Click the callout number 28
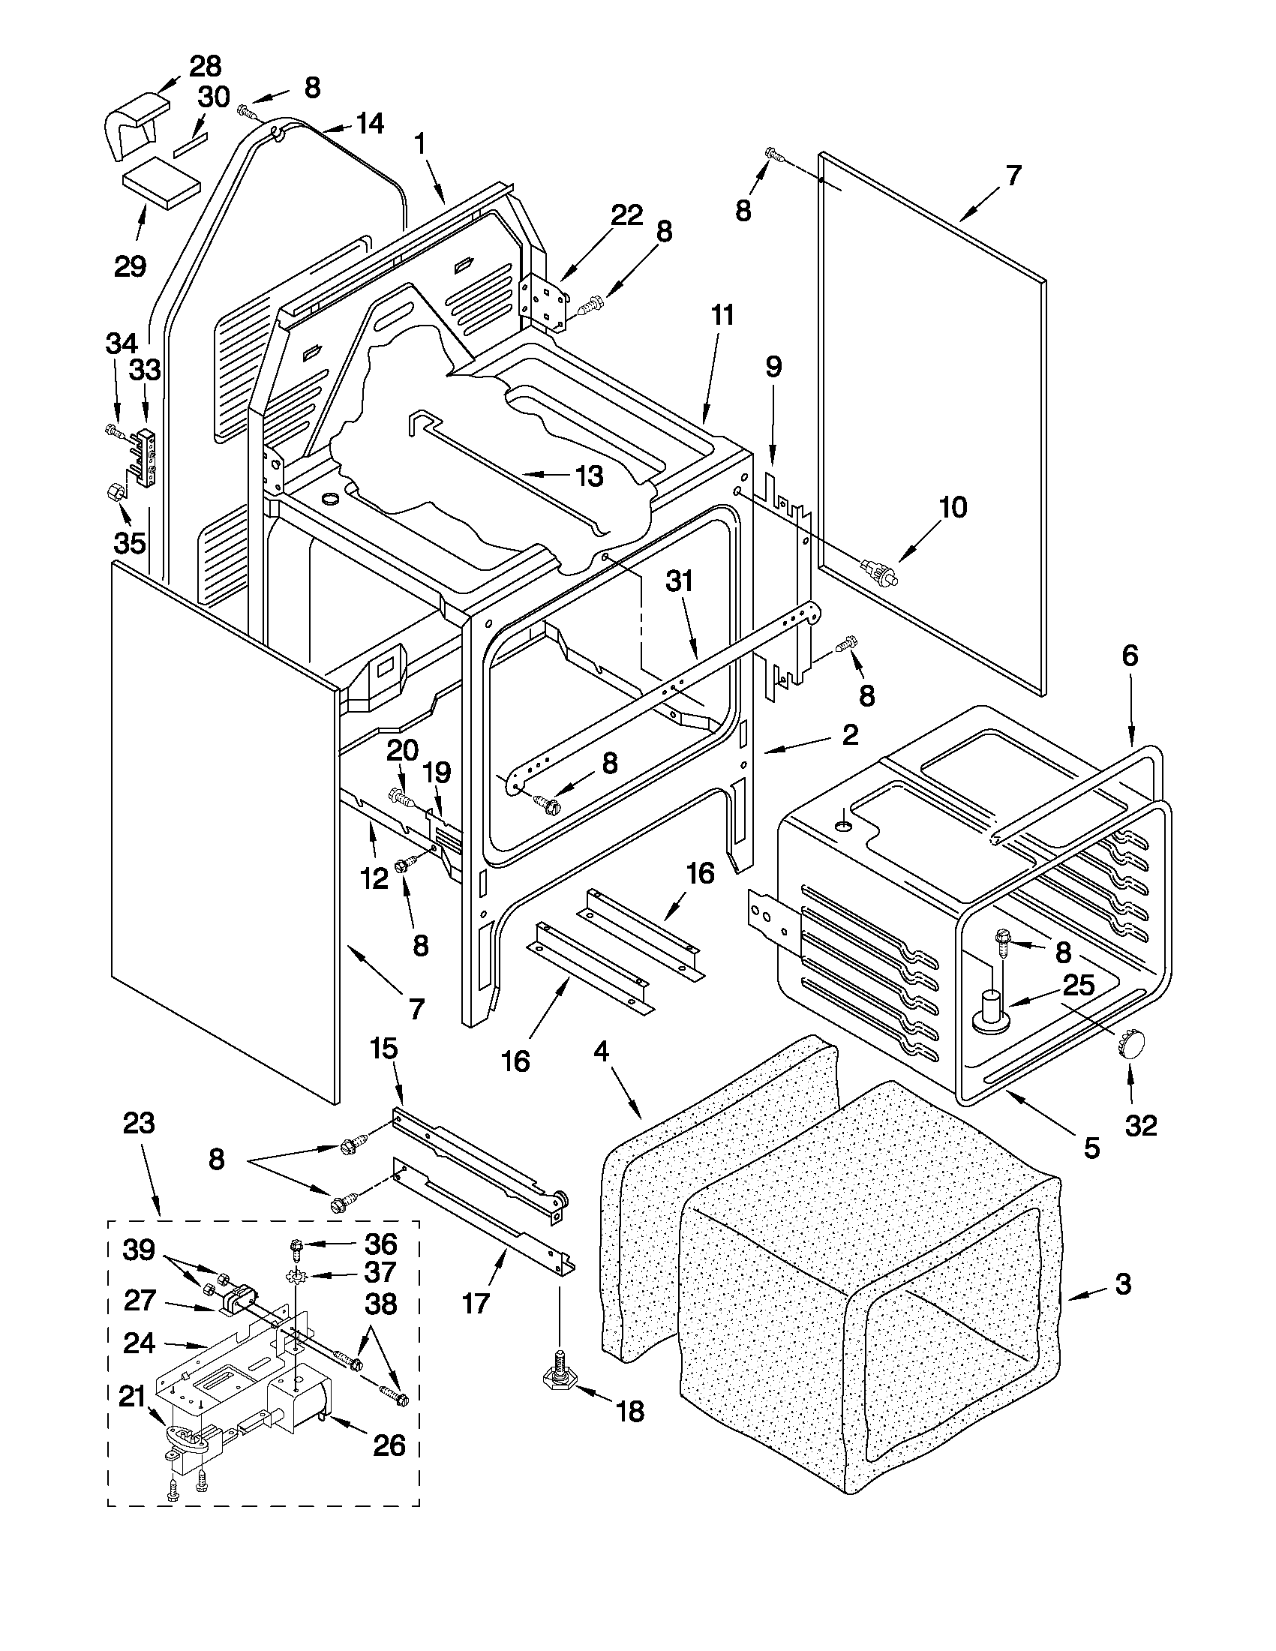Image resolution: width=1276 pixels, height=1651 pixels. tap(205, 67)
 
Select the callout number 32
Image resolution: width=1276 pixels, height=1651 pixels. tap(1141, 1126)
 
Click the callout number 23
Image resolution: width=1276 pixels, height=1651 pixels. tap(139, 1145)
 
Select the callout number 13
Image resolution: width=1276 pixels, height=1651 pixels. tap(589, 476)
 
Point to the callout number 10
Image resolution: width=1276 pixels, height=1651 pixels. tap(953, 507)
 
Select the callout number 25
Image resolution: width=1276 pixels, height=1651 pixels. tap(1078, 985)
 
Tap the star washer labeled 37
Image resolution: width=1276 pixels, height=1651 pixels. tap(295, 1277)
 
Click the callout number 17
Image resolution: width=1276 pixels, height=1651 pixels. tap(476, 1304)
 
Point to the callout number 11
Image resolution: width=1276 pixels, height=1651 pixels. tap(722, 314)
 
